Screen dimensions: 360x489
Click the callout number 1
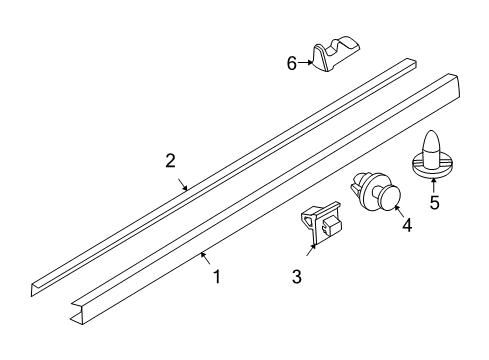click(217, 277)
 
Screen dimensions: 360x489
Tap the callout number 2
click(170, 160)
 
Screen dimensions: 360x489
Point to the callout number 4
click(407, 225)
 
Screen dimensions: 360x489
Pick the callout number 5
click(434, 203)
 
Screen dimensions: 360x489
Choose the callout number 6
click(292, 62)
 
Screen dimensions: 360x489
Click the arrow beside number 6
click(305, 62)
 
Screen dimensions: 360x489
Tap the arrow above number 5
click(434, 184)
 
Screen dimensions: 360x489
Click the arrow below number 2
click(183, 183)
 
